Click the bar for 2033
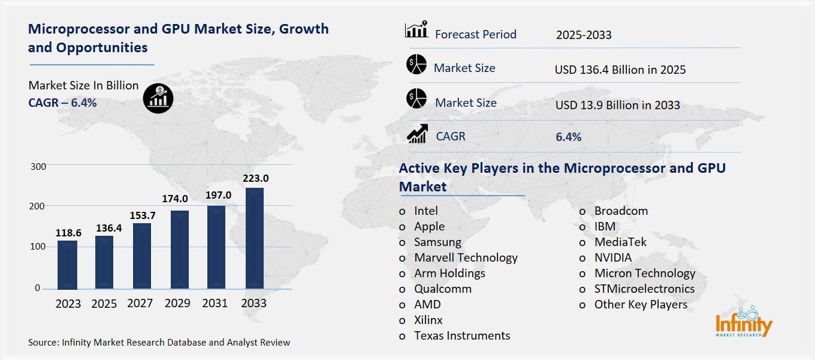pos(254,238)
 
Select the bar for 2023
pos(67,265)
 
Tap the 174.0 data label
pos(176,199)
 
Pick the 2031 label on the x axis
pos(215,304)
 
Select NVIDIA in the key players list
pos(612,257)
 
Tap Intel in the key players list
pos(425,211)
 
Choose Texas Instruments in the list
pos(461,335)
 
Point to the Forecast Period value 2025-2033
pos(583,35)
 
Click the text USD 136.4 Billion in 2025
pos(620,70)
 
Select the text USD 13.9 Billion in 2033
pos(617,106)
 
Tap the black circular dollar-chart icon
pos(159,97)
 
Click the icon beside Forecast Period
pos(416,30)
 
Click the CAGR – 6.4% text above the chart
pos(62,103)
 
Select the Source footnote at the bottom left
pos(159,343)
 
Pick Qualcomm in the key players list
pos(442,289)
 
